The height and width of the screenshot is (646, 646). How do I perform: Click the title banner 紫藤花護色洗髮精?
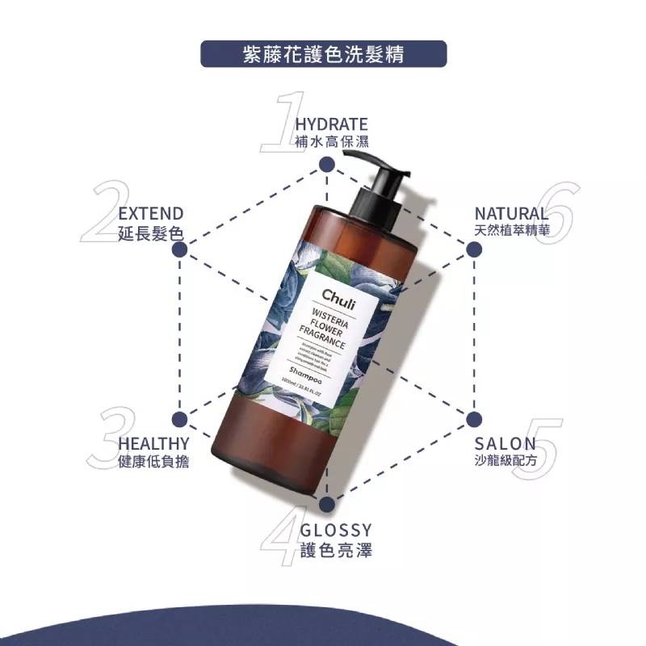point(323,55)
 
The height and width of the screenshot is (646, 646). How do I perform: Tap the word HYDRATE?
point(331,124)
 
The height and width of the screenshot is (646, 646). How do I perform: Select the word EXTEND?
point(151,213)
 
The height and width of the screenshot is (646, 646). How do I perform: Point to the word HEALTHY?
point(154,443)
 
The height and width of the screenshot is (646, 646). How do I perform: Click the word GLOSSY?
point(336,531)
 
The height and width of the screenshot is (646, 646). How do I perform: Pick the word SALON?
point(505,443)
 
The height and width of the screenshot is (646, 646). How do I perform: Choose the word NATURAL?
point(511,213)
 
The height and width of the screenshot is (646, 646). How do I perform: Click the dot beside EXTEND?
point(180,250)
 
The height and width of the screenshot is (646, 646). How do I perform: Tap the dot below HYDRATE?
point(326,165)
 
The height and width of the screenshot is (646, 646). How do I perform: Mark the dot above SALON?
point(473,419)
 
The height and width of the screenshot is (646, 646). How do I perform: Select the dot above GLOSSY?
point(326,505)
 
